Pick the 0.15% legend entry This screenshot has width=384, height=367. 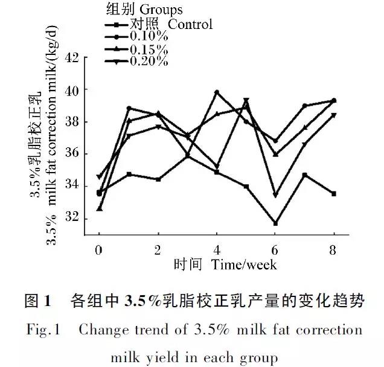[148, 48]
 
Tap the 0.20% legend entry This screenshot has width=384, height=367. [148, 60]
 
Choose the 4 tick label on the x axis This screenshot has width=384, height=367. [216, 249]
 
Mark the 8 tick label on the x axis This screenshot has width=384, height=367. [333, 249]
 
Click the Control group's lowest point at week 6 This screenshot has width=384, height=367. [275, 223]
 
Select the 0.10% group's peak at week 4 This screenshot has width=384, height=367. [216, 92]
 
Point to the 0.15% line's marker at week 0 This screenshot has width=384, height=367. [99, 208]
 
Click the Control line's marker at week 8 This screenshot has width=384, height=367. [333, 194]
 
